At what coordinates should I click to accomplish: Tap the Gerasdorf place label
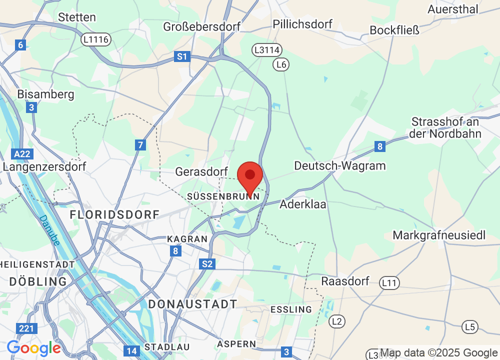tap(201, 172)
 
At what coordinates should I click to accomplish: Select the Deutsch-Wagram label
tap(340, 165)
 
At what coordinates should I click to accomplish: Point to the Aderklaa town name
tap(303, 204)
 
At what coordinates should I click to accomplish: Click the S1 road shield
tap(181, 57)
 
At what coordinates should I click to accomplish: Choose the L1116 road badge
tap(97, 39)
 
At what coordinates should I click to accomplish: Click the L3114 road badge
tap(266, 50)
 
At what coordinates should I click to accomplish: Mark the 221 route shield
tap(26, 328)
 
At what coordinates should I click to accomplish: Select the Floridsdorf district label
tap(114, 215)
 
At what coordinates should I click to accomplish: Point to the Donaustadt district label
tap(192, 304)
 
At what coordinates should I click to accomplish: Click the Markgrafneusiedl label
tap(439, 235)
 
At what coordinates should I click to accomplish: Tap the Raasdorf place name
tap(345, 281)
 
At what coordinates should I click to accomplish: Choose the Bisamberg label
tap(45, 94)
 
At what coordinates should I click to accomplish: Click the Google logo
tap(33, 347)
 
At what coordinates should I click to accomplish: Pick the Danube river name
tap(50, 230)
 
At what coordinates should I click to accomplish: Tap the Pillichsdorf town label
tap(302, 24)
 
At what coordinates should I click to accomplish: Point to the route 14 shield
tap(131, 351)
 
